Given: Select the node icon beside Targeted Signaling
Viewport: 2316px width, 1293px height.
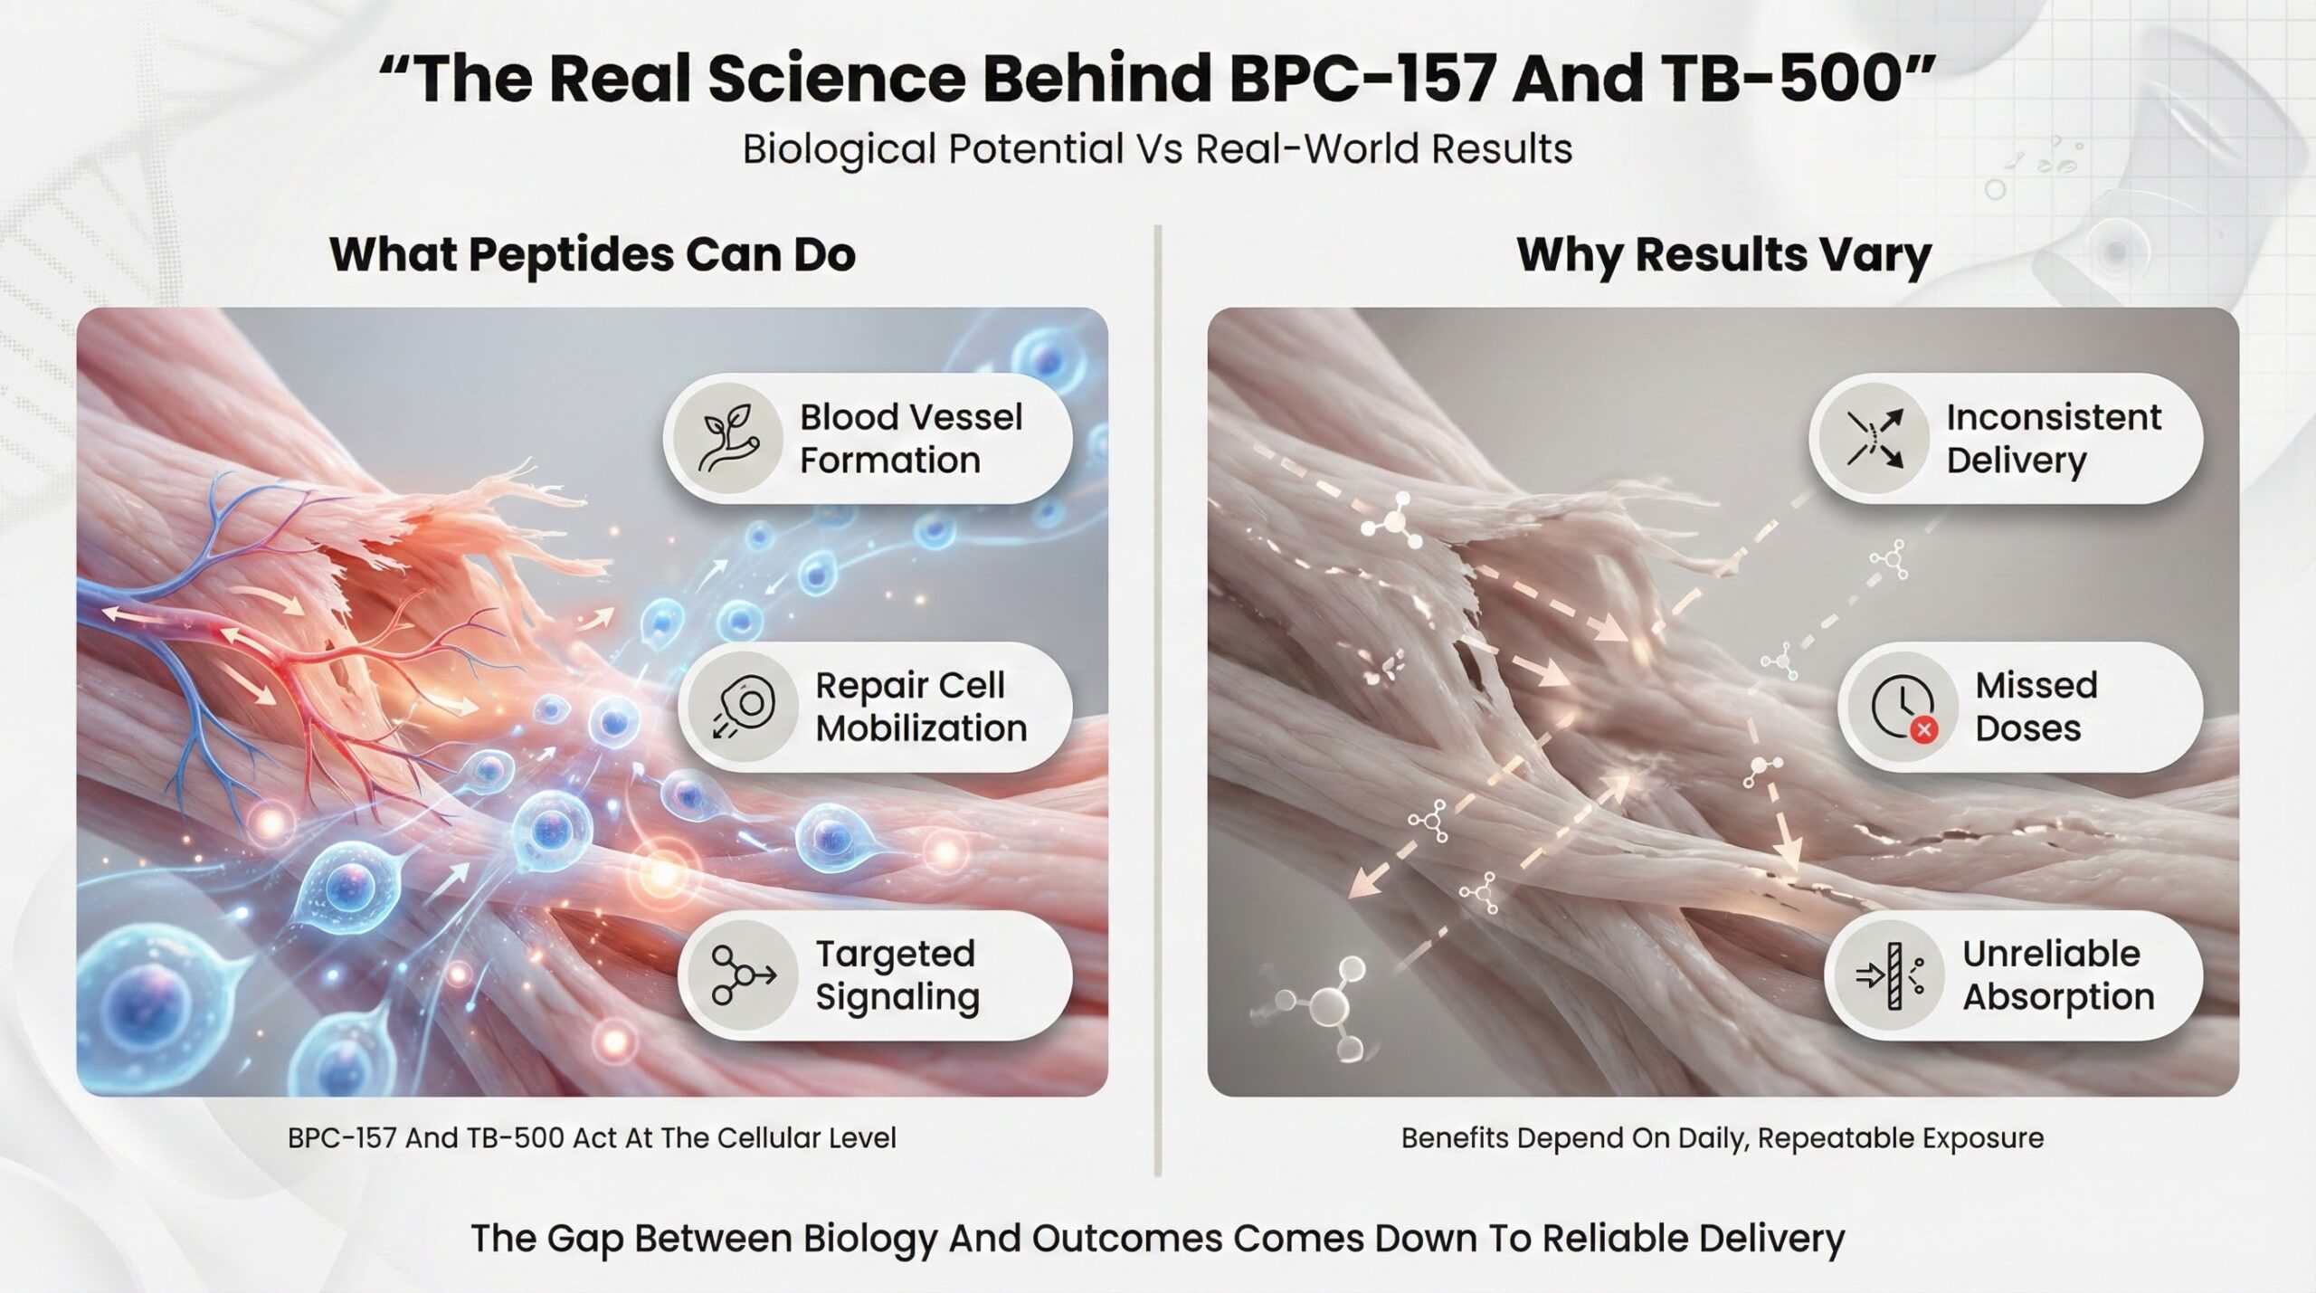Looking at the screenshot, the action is (743, 975).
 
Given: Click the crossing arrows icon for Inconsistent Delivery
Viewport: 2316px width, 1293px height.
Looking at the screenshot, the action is (1875, 439).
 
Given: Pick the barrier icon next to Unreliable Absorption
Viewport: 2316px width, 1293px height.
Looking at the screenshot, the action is (1889, 975).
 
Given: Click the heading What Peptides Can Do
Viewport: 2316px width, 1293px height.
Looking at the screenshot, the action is (593, 254).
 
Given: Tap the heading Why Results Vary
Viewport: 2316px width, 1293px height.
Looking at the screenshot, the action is (1723, 254).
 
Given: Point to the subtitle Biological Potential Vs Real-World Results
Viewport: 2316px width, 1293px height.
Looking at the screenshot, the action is (1157, 149).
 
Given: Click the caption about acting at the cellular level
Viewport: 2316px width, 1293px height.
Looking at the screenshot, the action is (592, 1137).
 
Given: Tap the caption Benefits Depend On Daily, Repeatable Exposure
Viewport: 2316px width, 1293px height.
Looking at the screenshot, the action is (1723, 1137).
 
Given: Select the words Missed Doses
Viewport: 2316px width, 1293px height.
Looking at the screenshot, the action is (2036, 707).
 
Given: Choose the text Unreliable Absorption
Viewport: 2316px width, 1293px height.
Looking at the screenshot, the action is (2058, 975).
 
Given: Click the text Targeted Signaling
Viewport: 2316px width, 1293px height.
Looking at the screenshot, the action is (897, 975).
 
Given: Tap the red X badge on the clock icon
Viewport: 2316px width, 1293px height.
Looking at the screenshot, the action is (1923, 729).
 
